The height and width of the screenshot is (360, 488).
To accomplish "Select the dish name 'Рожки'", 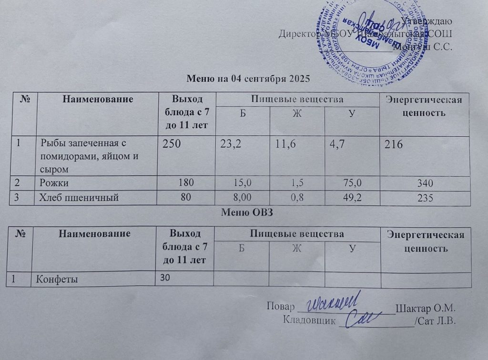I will coord(53,182).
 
